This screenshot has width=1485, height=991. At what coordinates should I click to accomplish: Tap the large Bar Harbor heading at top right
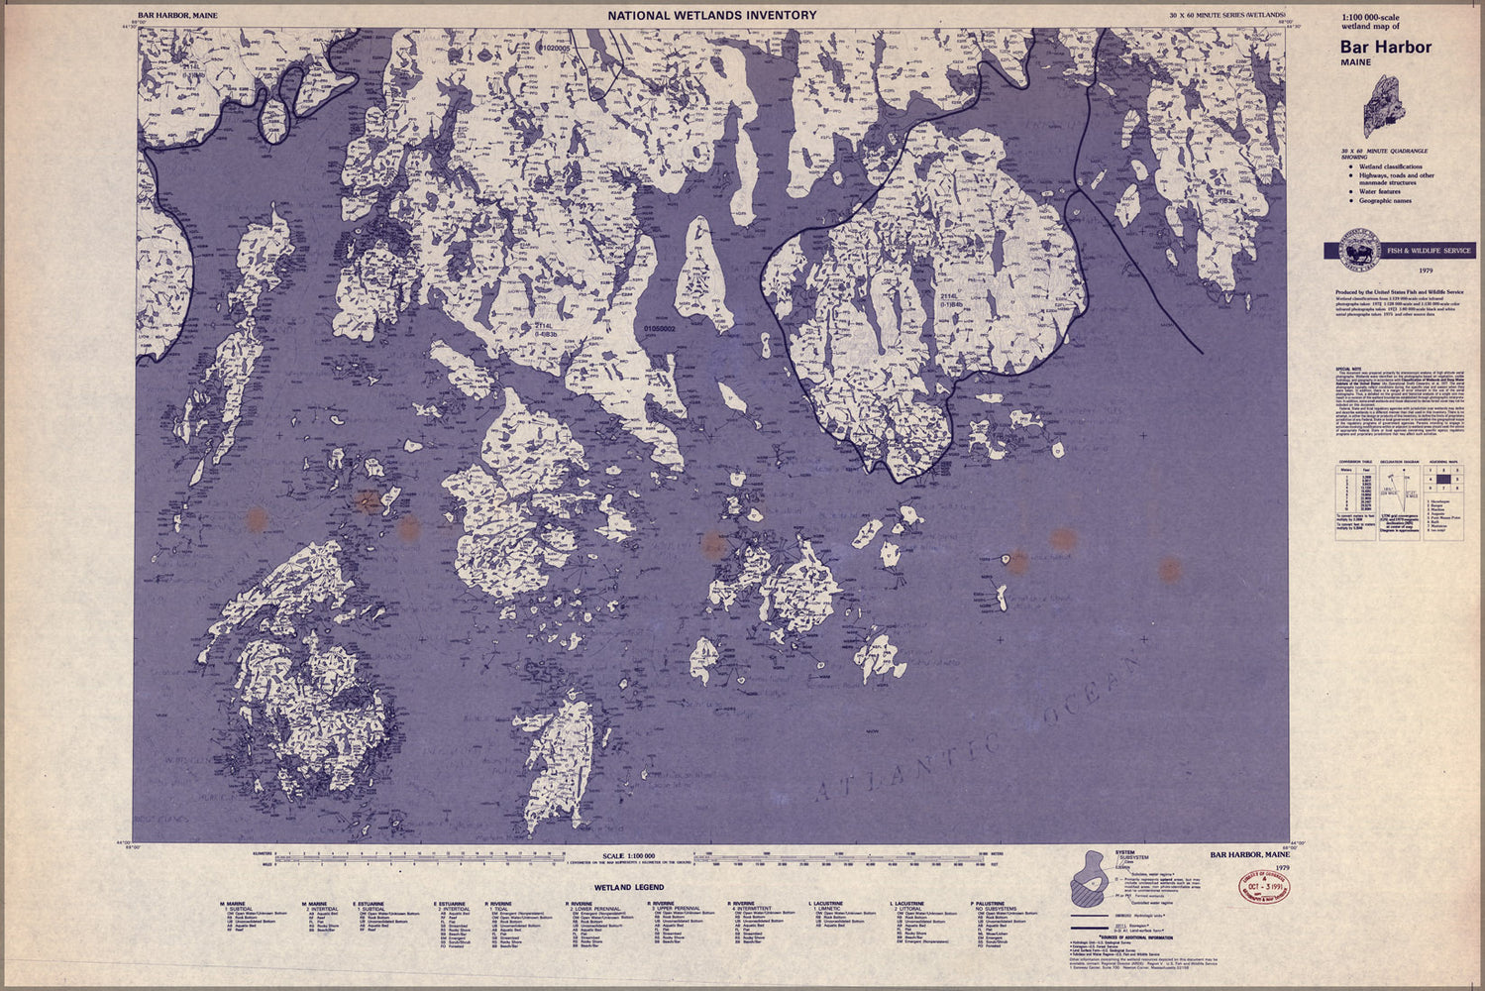point(1386,47)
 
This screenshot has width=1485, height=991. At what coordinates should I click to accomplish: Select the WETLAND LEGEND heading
point(629,887)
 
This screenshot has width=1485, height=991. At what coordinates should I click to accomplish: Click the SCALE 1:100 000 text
point(629,855)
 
